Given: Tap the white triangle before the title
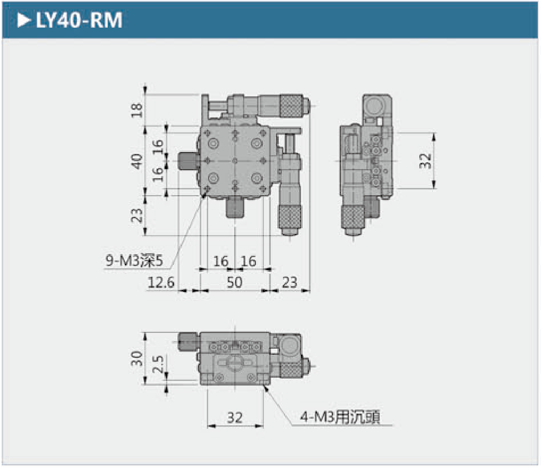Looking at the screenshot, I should click(x=23, y=20).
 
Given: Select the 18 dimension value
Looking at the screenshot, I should click(x=138, y=110).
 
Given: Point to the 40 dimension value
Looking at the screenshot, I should click(x=138, y=161).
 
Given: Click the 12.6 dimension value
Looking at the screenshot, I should click(x=161, y=282).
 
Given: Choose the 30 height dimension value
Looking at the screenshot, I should click(x=138, y=358).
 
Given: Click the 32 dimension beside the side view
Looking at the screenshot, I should click(x=425, y=160).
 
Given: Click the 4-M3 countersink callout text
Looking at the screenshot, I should click(x=340, y=417).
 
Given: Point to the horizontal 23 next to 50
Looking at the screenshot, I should click(x=289, y=282).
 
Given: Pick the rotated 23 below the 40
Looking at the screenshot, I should click(x=138, y=215).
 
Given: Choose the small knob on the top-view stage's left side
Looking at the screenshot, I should click(x=187, y=160).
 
